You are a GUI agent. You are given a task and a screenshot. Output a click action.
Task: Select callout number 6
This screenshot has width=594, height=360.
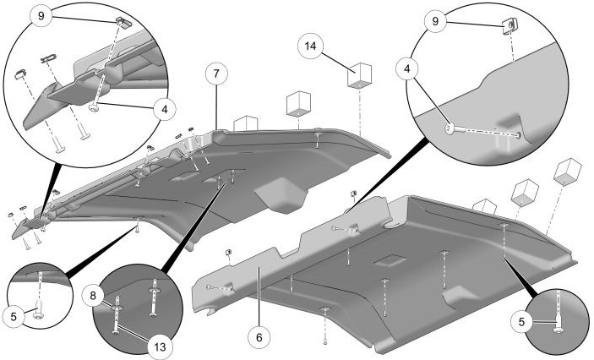coord(259,335)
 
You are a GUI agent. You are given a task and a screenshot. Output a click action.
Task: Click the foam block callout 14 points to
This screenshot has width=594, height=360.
coord(360,74)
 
